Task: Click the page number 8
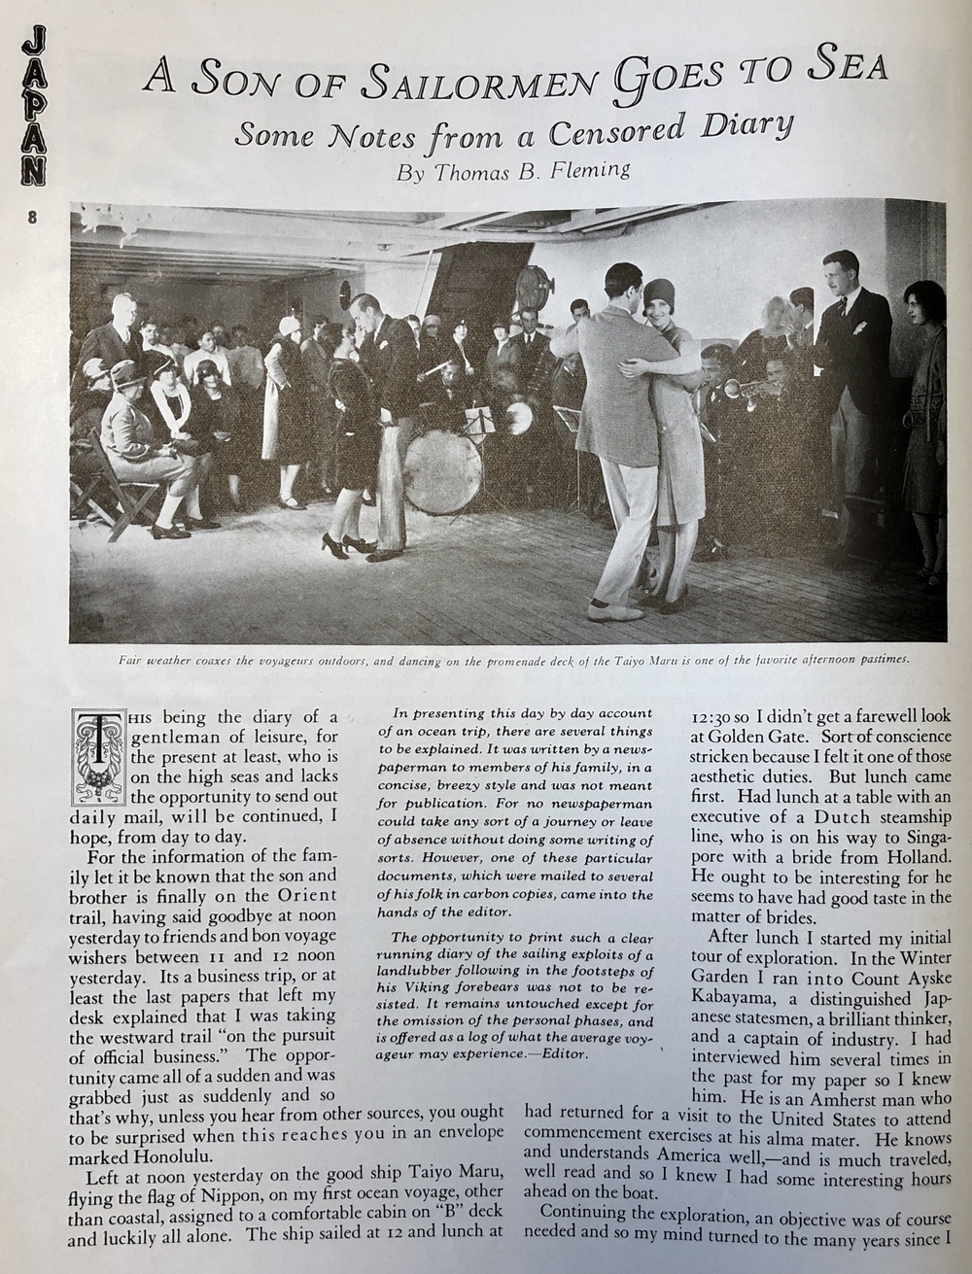(32, 219)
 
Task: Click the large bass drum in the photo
(442, 472)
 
